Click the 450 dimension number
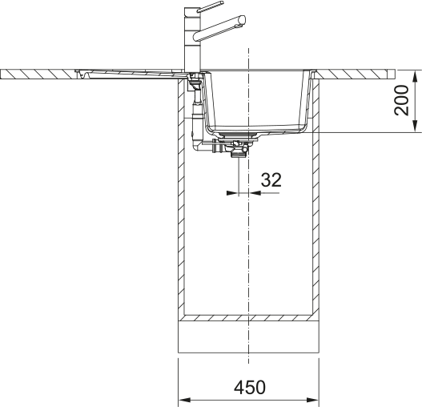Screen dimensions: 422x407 [250, 387]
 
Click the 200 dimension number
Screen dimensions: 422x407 [401, 100]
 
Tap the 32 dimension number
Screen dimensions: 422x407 [271, 179]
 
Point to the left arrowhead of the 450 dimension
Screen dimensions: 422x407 [184, 400]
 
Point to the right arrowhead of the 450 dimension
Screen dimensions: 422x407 [313, 400]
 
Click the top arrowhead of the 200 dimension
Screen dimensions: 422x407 [416, 75]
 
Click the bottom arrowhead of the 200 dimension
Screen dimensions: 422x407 [416, 127]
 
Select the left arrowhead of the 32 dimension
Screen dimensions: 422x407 [233, 193]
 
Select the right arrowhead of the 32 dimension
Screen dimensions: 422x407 [255, 193]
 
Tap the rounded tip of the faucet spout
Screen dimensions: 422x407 [242, 19]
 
